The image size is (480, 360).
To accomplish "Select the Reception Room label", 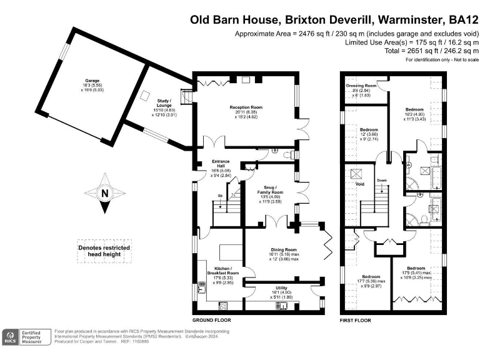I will (246, 107).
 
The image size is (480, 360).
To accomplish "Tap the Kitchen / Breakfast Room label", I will (223, 273).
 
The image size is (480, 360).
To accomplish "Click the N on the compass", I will (104, 193).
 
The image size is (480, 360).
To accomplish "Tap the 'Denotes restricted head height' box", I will (104, 251).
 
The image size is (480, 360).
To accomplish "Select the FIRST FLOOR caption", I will (355, 320).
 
